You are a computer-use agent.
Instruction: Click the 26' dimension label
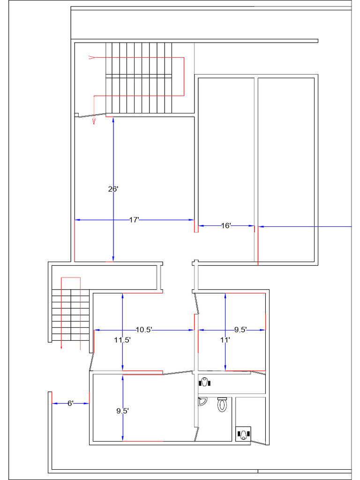[113, 189]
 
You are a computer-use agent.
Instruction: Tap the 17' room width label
[134, 220]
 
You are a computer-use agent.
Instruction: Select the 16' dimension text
[226, 226]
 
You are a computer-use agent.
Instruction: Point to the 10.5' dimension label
[144, 330]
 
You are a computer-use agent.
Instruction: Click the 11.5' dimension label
[122, 340]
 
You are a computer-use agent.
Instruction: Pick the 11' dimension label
[225, 340]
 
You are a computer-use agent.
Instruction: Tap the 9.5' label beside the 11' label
[240, 330]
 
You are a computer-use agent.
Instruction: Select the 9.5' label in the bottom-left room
[122, 411]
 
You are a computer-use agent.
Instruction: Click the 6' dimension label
[70, 403]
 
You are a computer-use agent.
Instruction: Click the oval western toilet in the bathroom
[222, 404]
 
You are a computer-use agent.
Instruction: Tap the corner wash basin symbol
[202, 401]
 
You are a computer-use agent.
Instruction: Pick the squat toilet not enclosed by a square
[204, 382]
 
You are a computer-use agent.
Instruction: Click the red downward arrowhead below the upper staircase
[94, 121]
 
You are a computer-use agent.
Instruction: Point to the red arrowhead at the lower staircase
[62, 347]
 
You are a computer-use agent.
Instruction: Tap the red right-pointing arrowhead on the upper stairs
[92, 57]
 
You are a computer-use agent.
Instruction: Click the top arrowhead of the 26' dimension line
[113, 120]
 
